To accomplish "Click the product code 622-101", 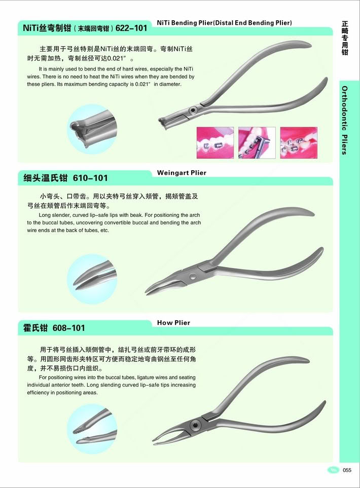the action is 131,28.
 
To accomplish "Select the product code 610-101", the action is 90,178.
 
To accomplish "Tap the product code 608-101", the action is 69,328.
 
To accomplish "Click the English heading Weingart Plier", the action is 182,173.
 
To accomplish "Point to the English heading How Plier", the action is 173,323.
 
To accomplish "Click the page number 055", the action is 347,470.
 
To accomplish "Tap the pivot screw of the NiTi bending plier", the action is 193,110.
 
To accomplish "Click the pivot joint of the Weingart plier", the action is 193,276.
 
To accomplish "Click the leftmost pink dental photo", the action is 215,143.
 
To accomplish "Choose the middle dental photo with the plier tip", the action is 257,143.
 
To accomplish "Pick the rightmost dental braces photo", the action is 299,143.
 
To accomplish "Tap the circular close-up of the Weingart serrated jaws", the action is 92,279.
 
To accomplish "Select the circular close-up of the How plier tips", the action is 92,429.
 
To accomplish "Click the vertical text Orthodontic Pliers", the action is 344,120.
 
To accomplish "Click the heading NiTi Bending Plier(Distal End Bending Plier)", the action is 224,23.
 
